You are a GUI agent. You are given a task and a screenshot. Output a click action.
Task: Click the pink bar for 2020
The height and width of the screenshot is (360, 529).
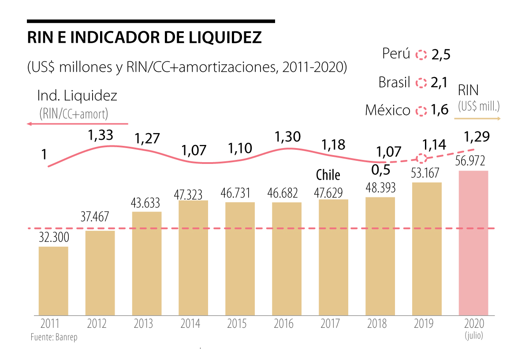coord(473,243)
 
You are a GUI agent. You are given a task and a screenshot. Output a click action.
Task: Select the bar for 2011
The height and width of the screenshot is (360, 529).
coord(53,281)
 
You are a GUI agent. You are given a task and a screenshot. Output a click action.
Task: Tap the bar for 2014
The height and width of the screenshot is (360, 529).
coord(194,258)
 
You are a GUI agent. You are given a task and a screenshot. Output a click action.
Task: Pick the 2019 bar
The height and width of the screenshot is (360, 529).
coord(427,249)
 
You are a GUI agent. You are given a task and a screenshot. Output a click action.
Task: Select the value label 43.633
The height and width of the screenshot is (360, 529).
coord(147,203)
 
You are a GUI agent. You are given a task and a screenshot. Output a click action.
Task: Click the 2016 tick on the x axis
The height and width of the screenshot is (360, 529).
coord(283,324)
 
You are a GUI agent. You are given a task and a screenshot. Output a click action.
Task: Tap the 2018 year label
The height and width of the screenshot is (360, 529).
coord(377,324)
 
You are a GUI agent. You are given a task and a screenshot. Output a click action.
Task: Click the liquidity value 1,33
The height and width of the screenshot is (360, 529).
coord(101,136)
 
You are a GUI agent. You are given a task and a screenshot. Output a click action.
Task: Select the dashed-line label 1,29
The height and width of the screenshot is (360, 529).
coord(477,137)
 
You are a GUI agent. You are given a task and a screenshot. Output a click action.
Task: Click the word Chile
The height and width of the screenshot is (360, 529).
coord(328,175)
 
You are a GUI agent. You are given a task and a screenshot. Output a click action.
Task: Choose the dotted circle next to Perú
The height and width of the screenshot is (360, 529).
coord(422,55)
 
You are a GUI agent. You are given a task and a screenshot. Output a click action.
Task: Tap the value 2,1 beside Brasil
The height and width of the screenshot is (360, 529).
coord(440,82)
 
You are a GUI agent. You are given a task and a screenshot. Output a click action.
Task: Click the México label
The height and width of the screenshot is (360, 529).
coord(387,110)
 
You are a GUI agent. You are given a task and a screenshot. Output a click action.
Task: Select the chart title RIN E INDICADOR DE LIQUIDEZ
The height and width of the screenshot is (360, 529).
coord(145,37)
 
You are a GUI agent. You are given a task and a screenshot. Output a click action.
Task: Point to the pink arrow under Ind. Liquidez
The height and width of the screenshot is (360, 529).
coord(77,124)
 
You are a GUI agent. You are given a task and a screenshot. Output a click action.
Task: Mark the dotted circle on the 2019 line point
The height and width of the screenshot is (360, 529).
coord(422,158)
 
